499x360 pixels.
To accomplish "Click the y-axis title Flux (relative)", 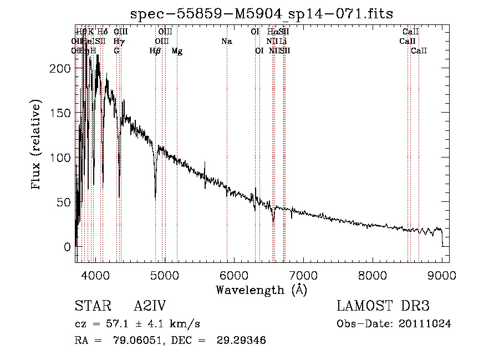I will (37, 145).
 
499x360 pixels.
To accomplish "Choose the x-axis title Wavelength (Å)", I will (261, 290).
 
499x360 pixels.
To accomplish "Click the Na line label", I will (226, 42).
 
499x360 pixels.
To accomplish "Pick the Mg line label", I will (177, 51).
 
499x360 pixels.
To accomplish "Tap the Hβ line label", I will (155, 51).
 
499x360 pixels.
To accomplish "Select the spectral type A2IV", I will (150, 306).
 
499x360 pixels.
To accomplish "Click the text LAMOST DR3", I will (383, 306).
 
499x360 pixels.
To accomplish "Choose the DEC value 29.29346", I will (242, 341).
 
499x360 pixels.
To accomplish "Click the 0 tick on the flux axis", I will (66, 246).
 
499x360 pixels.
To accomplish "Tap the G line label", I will (116, 51).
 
